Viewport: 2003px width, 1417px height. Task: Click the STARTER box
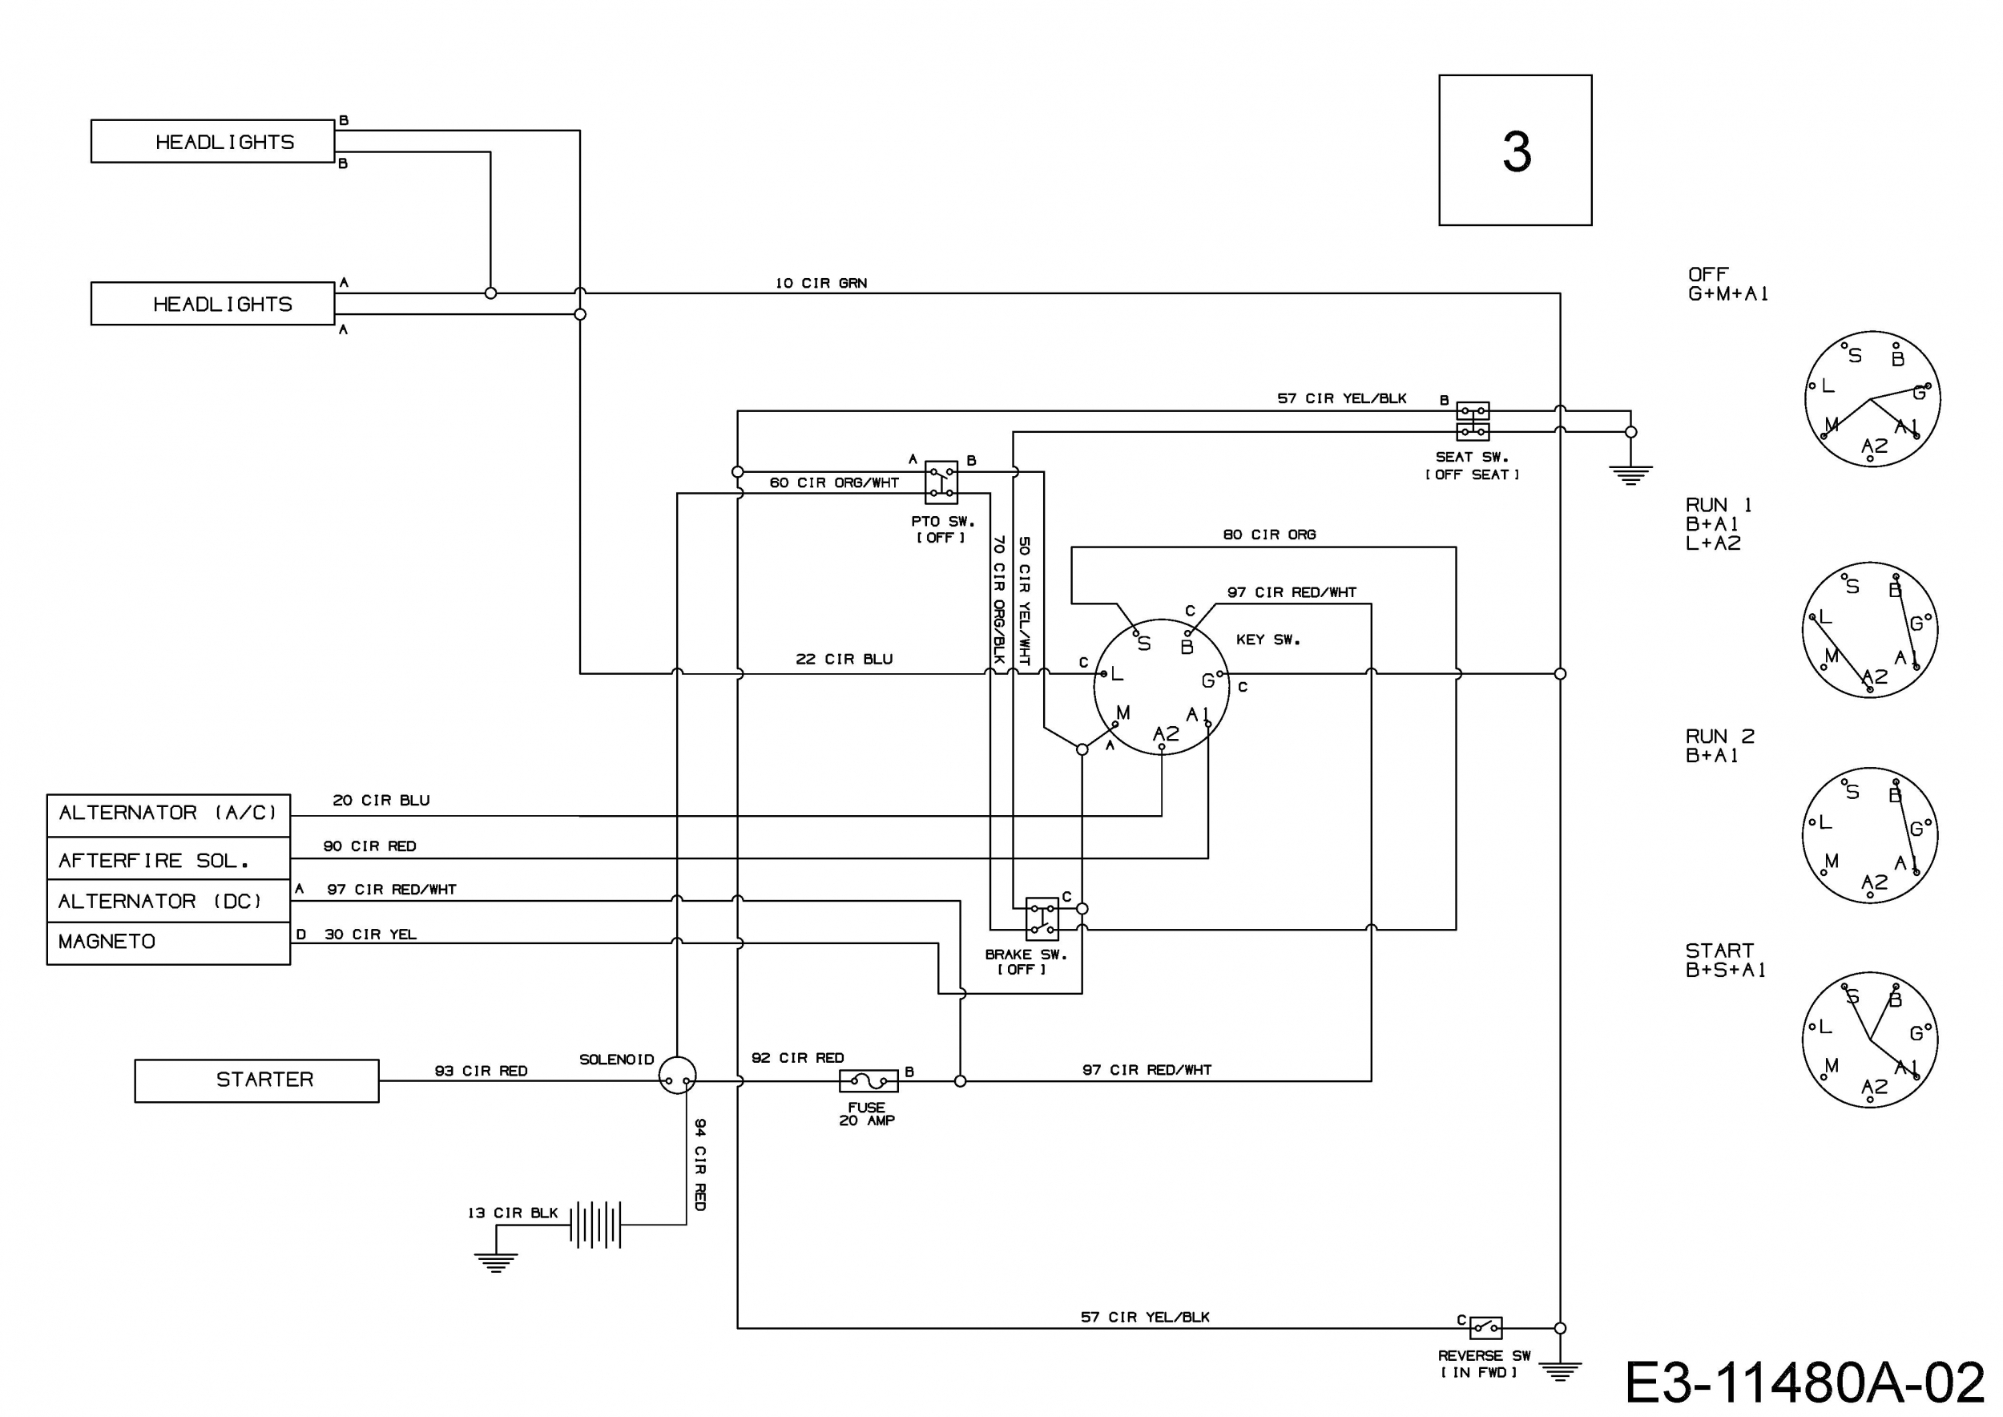[x=256, y=1080]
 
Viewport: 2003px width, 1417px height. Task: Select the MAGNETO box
[x=168, y=943]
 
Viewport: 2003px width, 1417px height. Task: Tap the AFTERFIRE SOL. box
[x=168, y=859]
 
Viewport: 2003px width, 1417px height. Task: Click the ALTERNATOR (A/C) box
[x=168, y=815]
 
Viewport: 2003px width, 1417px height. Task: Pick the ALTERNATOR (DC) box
[x=168, y=902]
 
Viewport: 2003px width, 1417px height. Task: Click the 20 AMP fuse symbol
[x=868, y=1081]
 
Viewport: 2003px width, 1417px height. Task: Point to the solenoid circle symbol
[x=677, y=1076]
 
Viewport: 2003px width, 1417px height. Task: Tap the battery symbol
[x=596, y=1224]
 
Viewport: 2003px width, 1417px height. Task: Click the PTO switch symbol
[x=941, y=482]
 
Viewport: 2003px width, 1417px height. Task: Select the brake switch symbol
[x=1042, y=918]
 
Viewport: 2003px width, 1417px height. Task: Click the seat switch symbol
[x=1473, y=421]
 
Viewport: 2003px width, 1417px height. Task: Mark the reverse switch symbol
[x=1485, y=1328]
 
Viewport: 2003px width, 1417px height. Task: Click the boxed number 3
[x=1515, y=150]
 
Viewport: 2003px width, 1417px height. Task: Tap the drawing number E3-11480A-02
[x=1805, y=1382]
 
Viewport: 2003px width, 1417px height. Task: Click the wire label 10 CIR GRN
[x=821, y=283]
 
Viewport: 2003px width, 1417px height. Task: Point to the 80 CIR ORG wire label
[x=1269, y=534]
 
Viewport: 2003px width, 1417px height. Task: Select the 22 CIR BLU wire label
[x=844, y=659]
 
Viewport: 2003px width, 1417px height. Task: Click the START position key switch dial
[x=1870, y=1040]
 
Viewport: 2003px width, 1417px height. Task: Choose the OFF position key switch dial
[x=1872, y=399]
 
